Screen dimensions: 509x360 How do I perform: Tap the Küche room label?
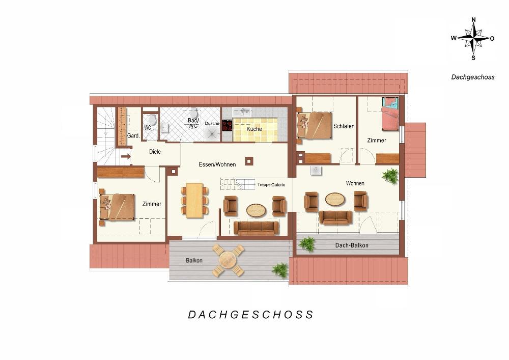254,129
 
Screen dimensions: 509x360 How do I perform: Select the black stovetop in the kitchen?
227,125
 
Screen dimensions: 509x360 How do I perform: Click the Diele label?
155,152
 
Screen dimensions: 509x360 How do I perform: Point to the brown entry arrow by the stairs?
126,156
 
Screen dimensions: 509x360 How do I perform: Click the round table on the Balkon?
228,260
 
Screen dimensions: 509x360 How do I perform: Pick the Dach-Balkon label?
352,245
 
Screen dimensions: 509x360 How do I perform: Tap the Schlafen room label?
344,126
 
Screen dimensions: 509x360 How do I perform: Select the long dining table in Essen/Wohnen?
194,200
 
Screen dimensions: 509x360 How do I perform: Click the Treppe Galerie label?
271,185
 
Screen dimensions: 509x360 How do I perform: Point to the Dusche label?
212,123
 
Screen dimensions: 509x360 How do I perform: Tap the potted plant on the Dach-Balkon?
306,244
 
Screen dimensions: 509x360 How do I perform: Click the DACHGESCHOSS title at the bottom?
251,315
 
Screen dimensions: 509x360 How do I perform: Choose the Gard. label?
133,135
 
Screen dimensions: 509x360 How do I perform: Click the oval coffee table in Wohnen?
335,199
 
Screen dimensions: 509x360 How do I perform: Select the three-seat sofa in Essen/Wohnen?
256,228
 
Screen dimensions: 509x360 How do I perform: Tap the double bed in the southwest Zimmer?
117,207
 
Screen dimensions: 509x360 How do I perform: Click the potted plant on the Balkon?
280,270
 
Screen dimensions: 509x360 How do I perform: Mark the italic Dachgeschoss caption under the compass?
473,77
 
